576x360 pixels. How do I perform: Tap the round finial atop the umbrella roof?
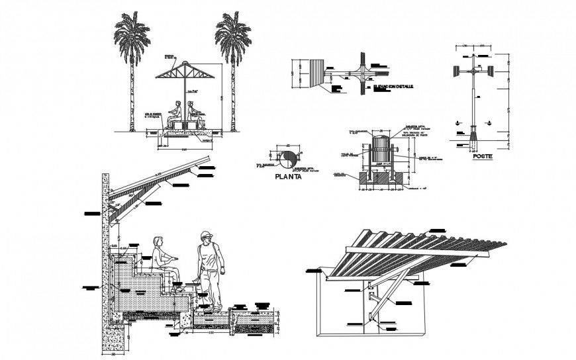pos(183,61)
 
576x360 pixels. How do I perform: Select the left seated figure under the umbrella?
pos(177,113)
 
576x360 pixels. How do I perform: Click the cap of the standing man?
pos(207,235)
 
